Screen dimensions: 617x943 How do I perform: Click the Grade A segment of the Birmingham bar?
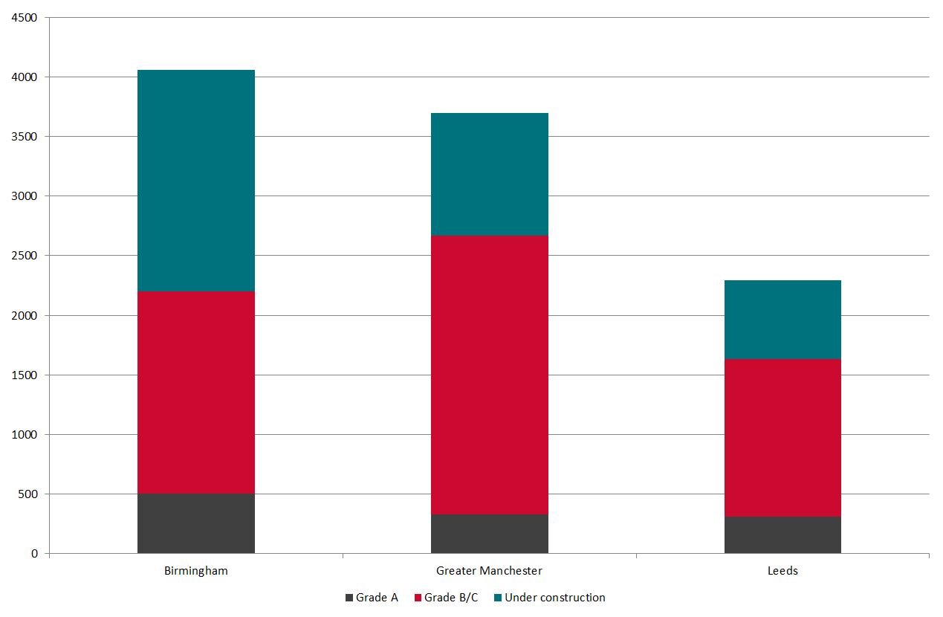[196, 523]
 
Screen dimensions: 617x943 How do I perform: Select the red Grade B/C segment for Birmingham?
[196, 393]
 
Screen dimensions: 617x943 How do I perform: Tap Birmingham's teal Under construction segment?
[196, 181]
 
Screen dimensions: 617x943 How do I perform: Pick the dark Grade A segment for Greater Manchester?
[490, 534]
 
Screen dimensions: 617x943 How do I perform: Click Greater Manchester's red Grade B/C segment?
[490, 375]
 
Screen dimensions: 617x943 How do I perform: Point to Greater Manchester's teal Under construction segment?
[490, 174]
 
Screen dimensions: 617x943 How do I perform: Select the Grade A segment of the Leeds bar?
[782, 534]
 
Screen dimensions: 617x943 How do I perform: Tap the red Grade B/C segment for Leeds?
[782, 438]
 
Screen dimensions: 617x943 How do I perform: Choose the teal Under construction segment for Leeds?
[782, 320]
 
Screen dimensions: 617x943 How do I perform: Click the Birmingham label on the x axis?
[196, 571]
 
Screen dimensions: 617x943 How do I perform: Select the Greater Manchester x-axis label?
[490, 571]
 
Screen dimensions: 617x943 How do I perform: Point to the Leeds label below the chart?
[782, 571]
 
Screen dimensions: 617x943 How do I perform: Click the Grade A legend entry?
[372, 598]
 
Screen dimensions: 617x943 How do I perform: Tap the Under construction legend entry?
[549, 598]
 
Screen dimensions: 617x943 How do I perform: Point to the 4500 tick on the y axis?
[25, 18]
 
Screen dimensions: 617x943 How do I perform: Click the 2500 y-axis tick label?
[25, 256]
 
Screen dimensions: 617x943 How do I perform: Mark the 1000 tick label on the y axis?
[25, 435]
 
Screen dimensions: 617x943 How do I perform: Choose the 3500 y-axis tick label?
[25, 137]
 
